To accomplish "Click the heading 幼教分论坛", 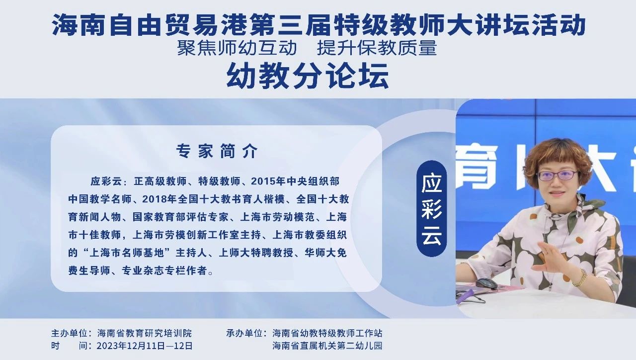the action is coord(308,76).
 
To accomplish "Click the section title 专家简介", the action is coord(217,151).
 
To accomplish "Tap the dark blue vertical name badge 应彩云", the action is coord(432,208).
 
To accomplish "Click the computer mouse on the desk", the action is coord(486,283).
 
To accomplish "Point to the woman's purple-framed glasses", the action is coord(557,176).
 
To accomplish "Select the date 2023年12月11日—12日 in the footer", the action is coord(145,346).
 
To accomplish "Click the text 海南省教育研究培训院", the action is coord(144,333).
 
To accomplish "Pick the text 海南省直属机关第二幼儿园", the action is coord(327,346).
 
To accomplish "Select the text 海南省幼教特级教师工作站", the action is coord(327,333).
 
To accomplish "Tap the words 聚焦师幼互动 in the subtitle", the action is coord(237,47).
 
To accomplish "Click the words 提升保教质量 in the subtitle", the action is coord(377,47).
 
